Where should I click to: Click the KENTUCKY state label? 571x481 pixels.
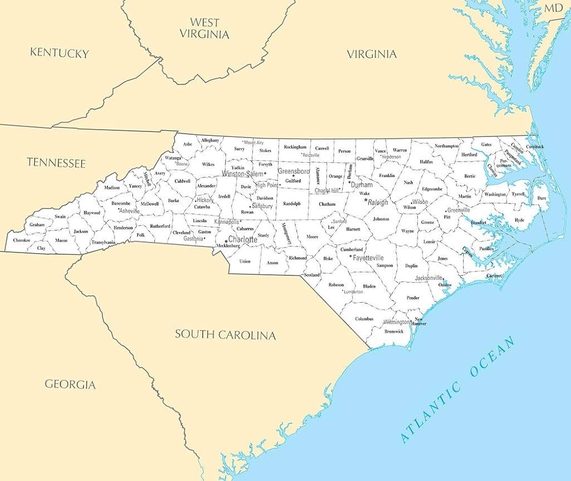pos(59,53)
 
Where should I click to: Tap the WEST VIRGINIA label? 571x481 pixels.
pos(204,29)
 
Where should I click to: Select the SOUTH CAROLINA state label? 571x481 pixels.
pos(225,334)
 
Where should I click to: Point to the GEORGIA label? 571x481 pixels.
pos(70,384)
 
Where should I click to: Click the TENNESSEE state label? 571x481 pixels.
pos(56,163)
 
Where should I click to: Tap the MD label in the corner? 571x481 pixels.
pos(553,8)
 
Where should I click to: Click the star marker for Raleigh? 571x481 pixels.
pos(365,200)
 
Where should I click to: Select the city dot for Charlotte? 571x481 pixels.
pos(226,241)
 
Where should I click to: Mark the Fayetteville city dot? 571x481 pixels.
pos(351,257)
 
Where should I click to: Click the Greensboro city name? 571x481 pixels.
pos(293,171)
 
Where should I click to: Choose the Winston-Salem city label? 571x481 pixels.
pos(243,173)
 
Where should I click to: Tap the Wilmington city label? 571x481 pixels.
pos(397,322)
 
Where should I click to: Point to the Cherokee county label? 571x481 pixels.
pos(22,240)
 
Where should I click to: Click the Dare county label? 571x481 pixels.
pos(541,198)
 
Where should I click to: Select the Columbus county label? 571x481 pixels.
pos(364,319)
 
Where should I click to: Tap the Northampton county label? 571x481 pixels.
pos(447,146)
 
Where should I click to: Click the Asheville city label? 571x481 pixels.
pos(130,211)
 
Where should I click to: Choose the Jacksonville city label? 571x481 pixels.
pos(428,278)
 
